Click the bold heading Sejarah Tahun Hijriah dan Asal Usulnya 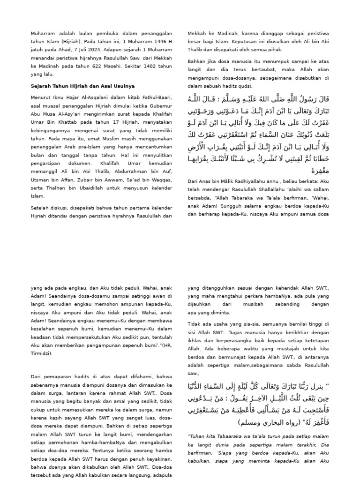pyautogui.click(x=82, y=86)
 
